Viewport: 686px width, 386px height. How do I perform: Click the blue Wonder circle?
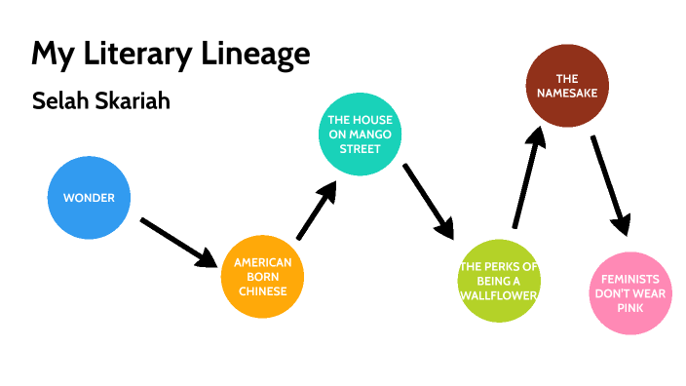tap(89, 198)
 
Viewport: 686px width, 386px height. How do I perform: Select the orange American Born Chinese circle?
tap(261, 278)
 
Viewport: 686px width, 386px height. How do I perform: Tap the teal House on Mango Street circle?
tap(361, 135)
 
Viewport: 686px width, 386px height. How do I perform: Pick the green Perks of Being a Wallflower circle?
tap(498, 281)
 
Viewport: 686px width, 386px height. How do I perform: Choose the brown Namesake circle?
tap(567, 87)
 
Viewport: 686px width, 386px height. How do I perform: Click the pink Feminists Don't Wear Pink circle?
tap(629, 292)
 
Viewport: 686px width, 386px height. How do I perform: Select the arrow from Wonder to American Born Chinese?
tap(179, 241)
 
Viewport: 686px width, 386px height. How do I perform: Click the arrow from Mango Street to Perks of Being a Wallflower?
tap(429, 200)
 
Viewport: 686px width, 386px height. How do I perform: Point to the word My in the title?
tap(48, 54)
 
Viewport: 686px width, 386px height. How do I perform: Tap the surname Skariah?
tap(133, 101)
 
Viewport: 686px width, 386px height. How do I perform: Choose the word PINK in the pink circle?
tap(629, 307)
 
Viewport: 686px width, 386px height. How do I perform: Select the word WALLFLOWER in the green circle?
tap(498, 294)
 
